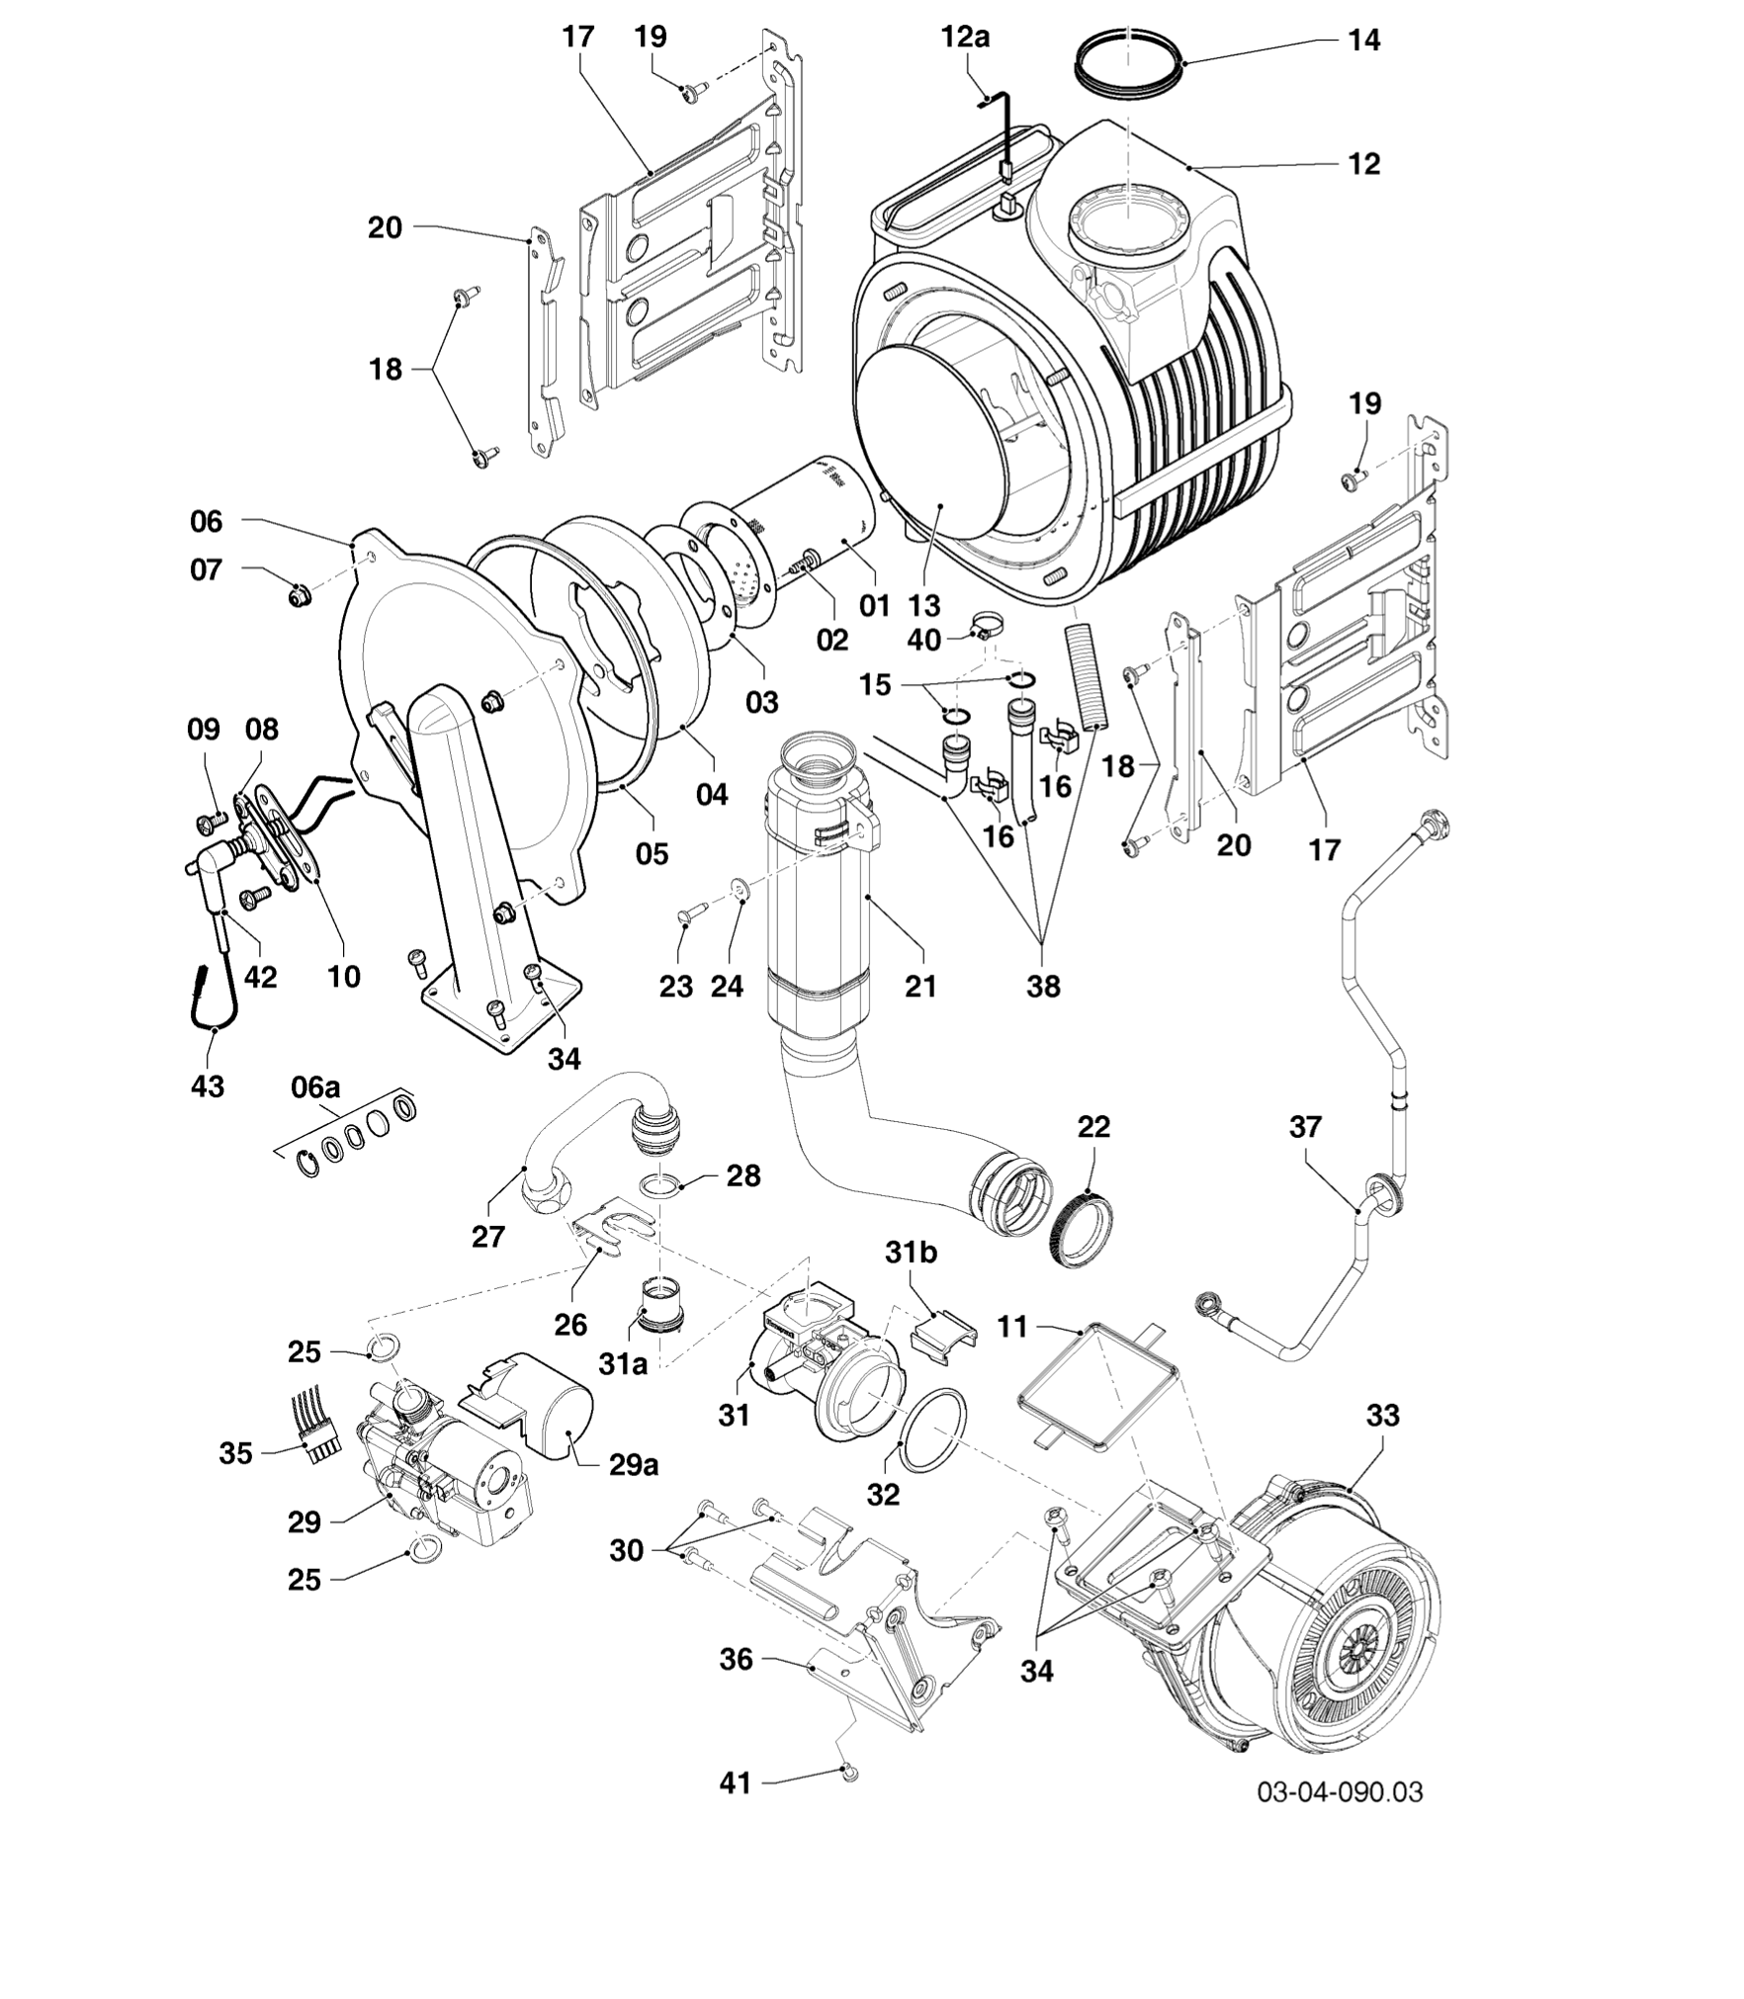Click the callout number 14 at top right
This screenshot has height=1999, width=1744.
coord(1364,42)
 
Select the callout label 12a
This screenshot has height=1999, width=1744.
coord(965,38)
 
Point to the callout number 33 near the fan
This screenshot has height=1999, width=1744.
coord(1383,1416)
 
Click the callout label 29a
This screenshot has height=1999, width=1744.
coord(633,1465)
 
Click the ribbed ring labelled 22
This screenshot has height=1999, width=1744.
coord(1085,1229)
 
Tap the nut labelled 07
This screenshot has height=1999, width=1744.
coord(300,596)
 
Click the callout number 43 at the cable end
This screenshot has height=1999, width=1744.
coord(208,1086)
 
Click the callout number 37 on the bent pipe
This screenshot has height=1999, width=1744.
coord(1305,1127)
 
